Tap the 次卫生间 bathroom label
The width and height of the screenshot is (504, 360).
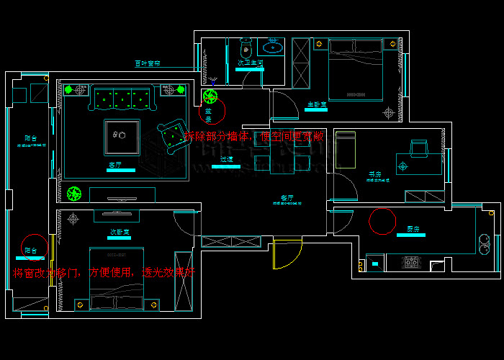click(x=249, y=63)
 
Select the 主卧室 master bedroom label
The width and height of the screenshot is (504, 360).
click(x=316, y=105)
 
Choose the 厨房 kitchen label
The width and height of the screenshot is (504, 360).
click(x=412, y=229)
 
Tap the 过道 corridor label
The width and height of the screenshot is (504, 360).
click(x=226, y=160)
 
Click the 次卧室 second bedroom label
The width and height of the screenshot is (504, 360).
click(x=119, y=232)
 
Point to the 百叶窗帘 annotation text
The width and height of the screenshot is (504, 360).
click(x=148, y=63)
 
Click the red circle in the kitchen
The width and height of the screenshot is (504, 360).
click(x=382, y=220)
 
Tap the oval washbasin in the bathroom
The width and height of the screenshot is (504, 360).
click(x=274, y=48)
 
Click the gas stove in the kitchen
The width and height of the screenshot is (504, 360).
click(x=411, y=261)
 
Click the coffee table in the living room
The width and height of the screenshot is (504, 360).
click(x=121, y=136)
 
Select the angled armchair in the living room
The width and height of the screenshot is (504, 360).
click(x=171, y=135)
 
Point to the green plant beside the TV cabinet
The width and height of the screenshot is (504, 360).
click(x=73, y=193)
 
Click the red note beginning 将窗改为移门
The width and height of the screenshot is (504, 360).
click(x=104, y=273)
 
